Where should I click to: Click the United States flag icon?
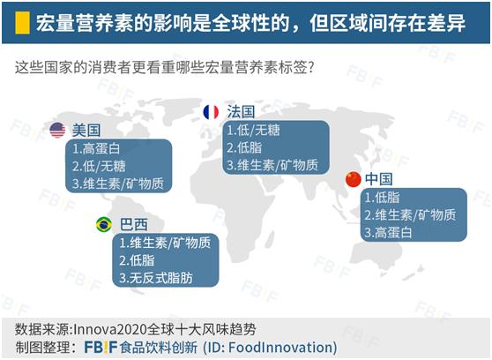pos(57,130)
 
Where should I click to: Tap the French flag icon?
pos(211,112)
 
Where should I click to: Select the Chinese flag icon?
pos(353,179)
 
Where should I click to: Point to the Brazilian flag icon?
pos(104,224)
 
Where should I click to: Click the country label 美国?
pos(86,131)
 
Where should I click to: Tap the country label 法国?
pos(241,112)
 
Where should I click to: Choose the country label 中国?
pos(379,179)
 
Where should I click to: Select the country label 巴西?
pos(134,225)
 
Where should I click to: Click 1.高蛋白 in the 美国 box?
pos(96,149)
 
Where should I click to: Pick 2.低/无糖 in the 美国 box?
pos(99,166)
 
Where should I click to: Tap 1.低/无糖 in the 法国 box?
pos(253,130)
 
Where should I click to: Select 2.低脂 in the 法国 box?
pos(244,147)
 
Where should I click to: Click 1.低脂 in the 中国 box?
pos(382,198)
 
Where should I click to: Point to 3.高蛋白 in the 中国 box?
pos(388,233)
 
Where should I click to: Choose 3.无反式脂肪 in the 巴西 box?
pos(156,278)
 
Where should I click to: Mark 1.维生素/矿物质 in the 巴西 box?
pos(165,243)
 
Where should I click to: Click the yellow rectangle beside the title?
pos(22,23)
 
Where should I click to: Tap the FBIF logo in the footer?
pos(101,348)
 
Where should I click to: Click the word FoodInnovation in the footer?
pos(280,348)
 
